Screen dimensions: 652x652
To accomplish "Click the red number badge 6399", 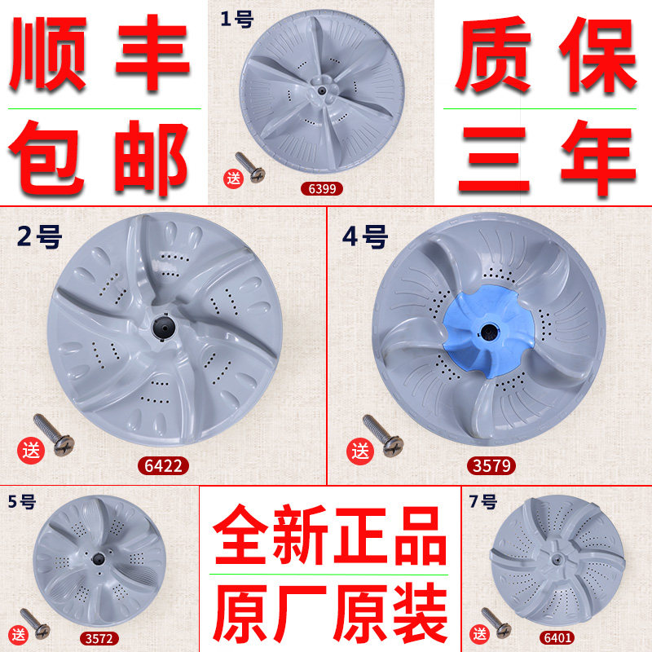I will pos(320,189).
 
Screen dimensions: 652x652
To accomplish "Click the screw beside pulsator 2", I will pos(53,433).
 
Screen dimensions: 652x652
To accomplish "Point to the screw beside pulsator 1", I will pos(249,166).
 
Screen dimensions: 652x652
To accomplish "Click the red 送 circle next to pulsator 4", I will pos(359,451).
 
